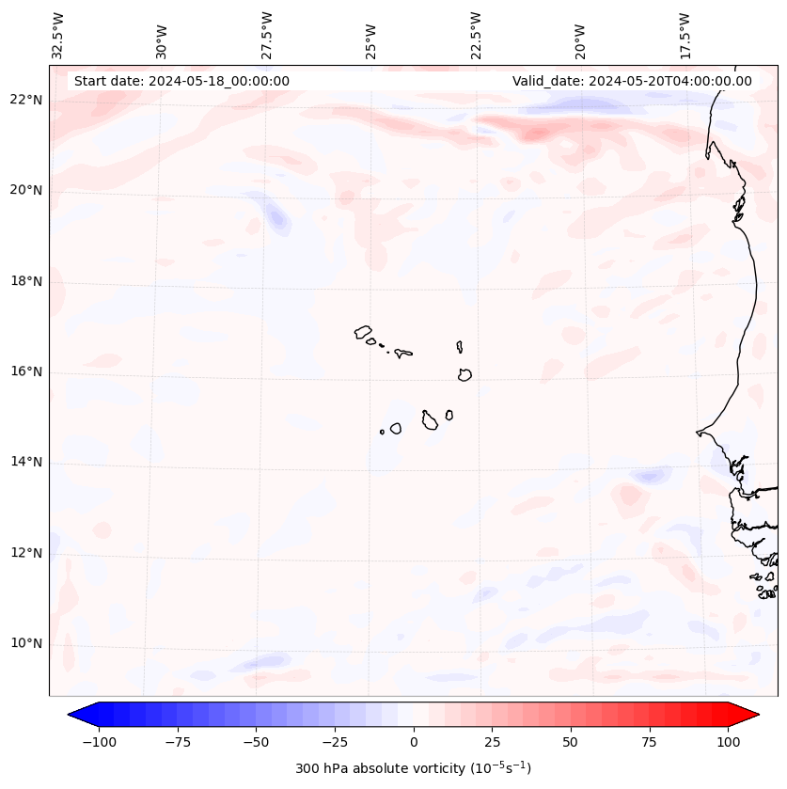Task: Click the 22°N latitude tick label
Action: click(x=26, y=101)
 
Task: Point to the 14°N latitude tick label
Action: click(x=26, y=463)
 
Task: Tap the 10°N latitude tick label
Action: click(x=26, y=644)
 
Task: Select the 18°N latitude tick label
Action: click(x=26, y=281)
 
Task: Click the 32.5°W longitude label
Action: click(x=58, y=36)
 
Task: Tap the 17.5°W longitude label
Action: click(x=685, y=36)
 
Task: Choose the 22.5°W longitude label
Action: click(x=476, y=36)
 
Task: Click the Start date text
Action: click(x=181, y=81)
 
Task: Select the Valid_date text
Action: click(x=632, y=81)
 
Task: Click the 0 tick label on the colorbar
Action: click(x=414, y=742)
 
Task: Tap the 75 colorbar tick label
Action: click(x=649, y=742)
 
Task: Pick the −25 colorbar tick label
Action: click(x=335, y=742)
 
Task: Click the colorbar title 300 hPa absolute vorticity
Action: click(x=413, y=768)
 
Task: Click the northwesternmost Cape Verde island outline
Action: click(x=363, y=332)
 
